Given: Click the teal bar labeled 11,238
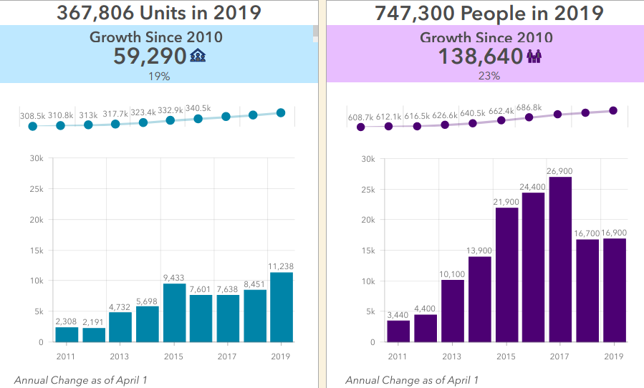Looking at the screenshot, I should click(x=281, y=307).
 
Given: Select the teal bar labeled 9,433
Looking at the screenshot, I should click(x=174, y=313).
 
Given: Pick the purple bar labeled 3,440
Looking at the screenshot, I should click(x=398, y=331).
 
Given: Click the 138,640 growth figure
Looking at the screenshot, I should click(x=481, y=57).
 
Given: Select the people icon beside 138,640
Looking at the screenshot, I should click(x=534, y=57).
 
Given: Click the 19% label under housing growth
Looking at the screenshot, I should click(x=158, y=76).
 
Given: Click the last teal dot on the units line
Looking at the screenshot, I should click(x=281, y=112).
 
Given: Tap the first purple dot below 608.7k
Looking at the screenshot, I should click(x=361, y=127).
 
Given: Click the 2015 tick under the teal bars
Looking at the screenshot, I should click(x=174, y=356).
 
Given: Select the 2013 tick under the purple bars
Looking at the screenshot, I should click(x=451, y=356).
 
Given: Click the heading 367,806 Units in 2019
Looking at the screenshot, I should click(x=158, y=13).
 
